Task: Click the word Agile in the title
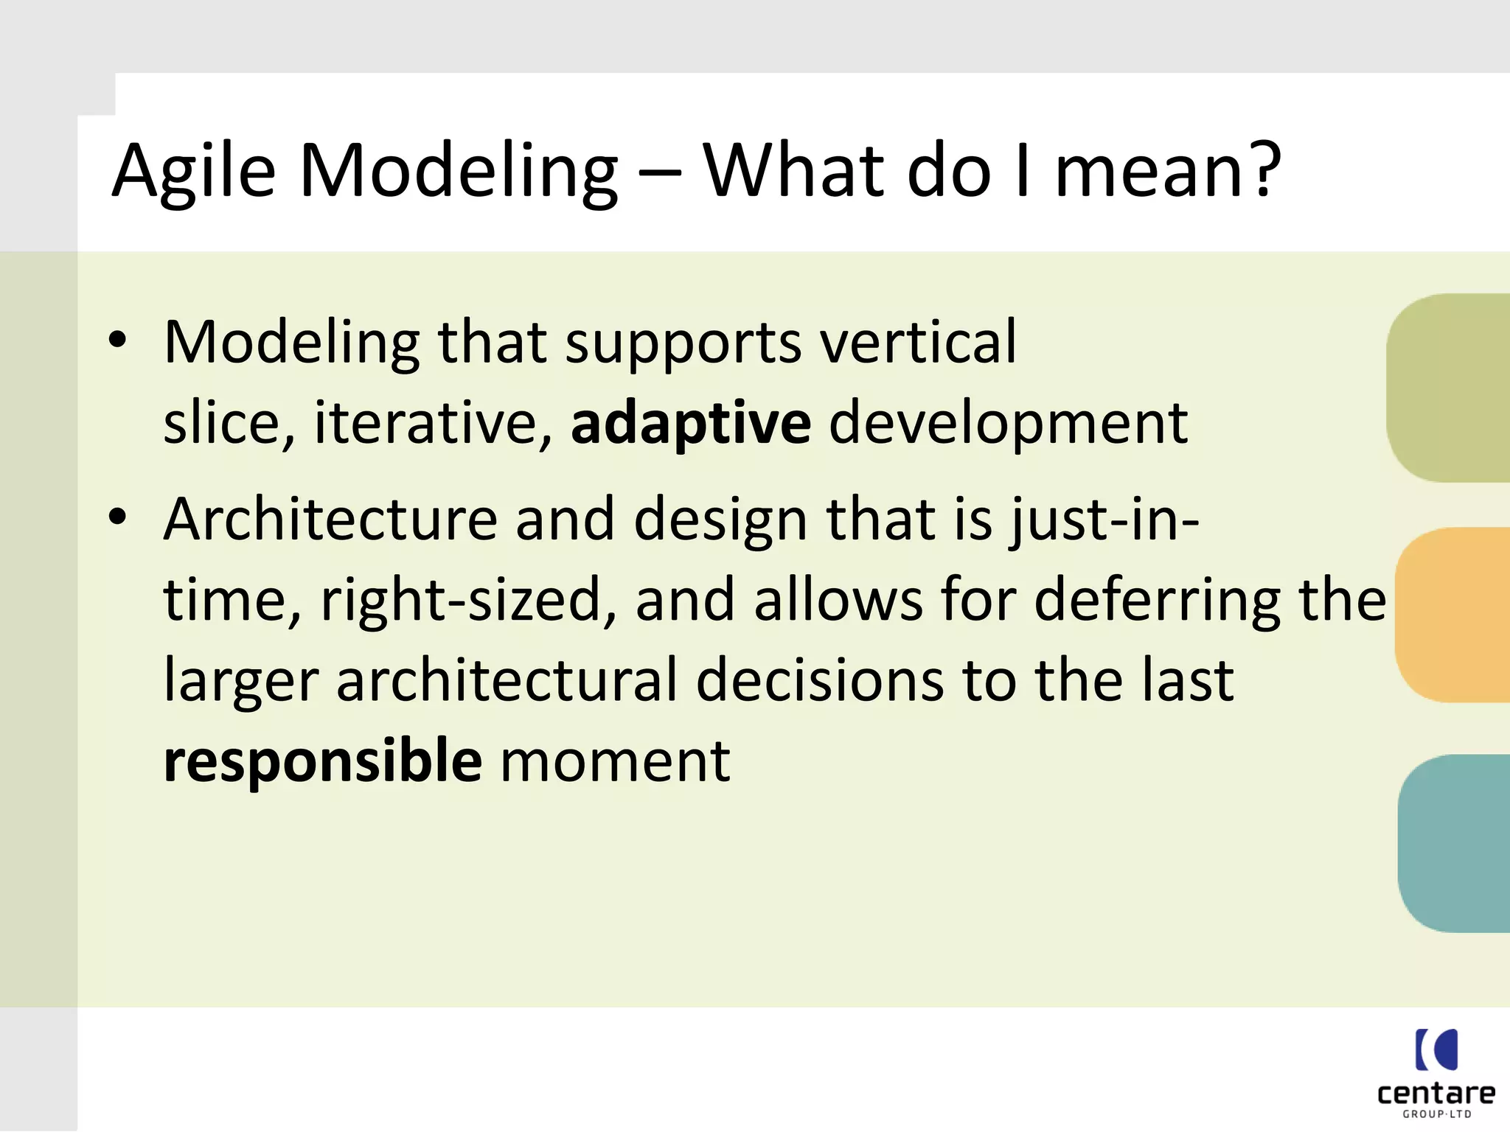[194, 172]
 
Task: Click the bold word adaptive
[690, 424]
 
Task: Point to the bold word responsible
[322, 761]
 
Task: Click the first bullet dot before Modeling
[117, 340]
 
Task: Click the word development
[1008, 424]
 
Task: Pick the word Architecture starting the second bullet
[330, 520]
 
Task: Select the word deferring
[1157, 600]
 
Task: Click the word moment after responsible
[615, 761]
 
